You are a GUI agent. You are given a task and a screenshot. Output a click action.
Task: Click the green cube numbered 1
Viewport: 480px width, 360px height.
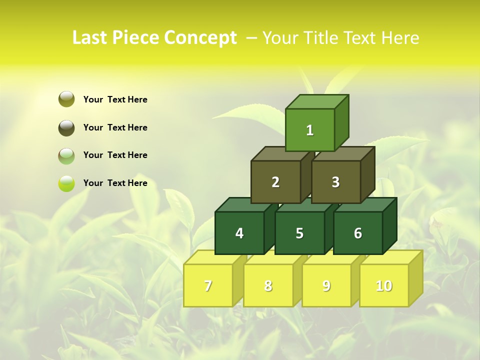310,130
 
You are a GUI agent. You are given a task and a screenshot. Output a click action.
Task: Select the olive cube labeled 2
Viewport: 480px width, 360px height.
275,182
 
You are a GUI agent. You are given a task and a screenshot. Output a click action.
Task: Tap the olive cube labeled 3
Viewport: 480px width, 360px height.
335,182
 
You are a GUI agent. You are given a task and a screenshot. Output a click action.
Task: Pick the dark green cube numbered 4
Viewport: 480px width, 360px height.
239,233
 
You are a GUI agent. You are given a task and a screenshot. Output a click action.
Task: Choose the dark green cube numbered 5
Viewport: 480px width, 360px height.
299,233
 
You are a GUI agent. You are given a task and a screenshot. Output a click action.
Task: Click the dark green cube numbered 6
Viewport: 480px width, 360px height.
358,233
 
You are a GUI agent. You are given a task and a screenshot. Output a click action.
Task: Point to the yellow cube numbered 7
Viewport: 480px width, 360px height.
208,285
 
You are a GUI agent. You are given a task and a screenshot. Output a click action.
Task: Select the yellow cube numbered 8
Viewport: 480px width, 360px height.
268,285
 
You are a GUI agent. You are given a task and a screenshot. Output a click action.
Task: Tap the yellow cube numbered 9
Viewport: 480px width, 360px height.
326,285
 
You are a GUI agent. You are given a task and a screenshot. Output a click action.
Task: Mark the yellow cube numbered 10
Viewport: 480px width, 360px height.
384,285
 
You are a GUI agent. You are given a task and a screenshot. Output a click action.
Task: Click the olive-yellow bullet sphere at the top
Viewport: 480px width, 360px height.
66,99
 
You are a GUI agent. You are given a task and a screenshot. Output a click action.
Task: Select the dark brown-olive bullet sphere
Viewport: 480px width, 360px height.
66,127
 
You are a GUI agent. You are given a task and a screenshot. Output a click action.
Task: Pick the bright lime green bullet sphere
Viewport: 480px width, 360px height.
66,183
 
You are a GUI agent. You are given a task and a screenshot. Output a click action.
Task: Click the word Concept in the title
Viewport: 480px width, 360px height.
200,37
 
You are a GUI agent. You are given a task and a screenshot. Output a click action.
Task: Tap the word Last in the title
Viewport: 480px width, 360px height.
89,37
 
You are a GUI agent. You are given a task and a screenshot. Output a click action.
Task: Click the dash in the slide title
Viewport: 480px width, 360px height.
252,38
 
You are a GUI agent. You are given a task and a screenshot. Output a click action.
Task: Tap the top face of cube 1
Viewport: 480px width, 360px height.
317,101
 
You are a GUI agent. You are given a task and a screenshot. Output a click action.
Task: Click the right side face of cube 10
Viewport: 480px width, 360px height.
415,278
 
